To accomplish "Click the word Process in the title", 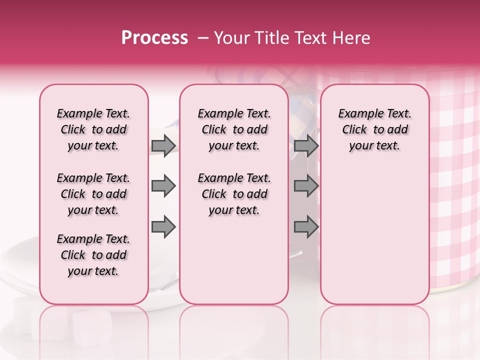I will click(x=154, y=38).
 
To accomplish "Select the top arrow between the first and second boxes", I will click(x=163, y=146).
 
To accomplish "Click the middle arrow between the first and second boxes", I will click(x=163, y=186).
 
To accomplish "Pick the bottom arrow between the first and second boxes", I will click(x=163, y=227).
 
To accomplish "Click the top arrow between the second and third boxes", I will click(x=306, y=146).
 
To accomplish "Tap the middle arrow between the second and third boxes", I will click(x=306, y=186).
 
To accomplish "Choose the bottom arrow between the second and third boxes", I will click(x=306, y=227).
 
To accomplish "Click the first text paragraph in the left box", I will click(x=93, y=129).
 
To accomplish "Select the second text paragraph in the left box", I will click(x=93, y=194).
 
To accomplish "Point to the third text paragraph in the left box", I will click(x=93, y=255).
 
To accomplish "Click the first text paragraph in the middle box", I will click(x=234, y=129).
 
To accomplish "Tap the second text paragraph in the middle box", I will click(x=234, y=194).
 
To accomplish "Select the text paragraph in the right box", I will click(x=375, y=129).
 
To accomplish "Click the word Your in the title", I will click(x=230, y=38).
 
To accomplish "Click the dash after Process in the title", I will click(x=202, y=38).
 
